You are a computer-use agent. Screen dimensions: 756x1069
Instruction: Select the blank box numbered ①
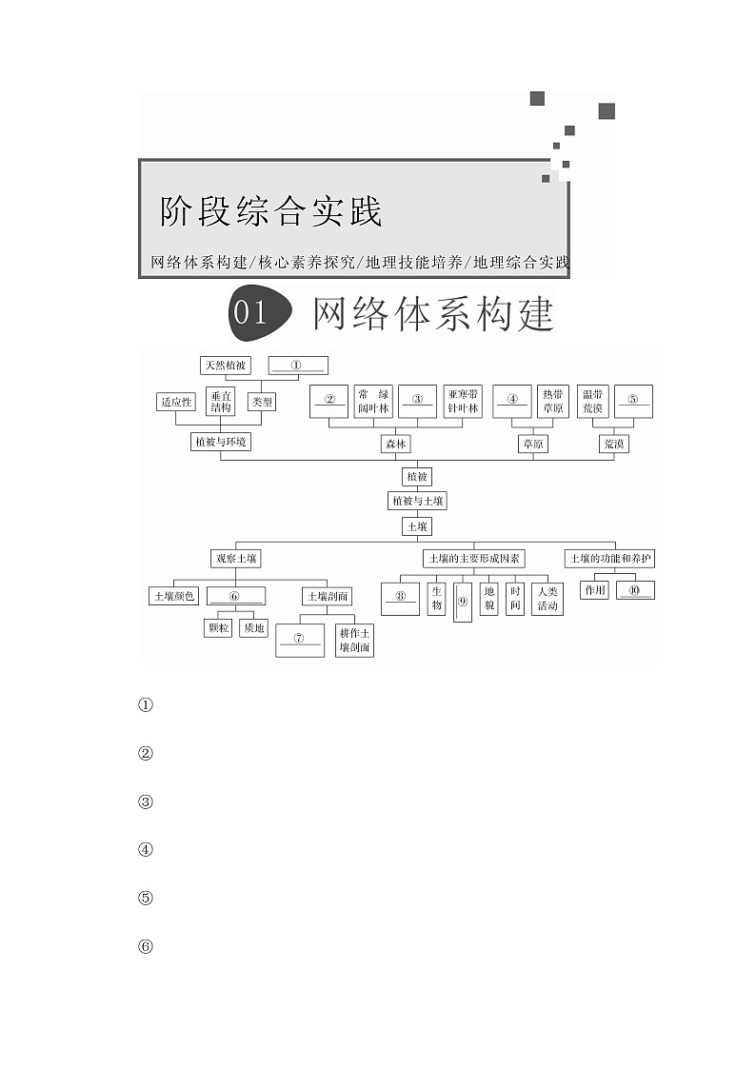point(297,366)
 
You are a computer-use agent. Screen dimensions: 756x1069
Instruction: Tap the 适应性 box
point(175,402)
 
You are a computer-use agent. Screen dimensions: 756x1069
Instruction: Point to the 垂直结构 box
point(221,402)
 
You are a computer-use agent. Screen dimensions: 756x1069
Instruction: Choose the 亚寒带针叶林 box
point(464,402)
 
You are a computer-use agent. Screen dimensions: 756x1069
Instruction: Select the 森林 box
point(394,444)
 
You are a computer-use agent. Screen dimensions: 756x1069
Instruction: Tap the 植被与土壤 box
point(416,501)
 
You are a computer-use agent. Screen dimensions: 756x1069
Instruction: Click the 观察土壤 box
point(235,559)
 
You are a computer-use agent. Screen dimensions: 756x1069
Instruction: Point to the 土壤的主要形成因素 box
point(473,559)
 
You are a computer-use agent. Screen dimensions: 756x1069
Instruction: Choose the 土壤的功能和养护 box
point(610,559)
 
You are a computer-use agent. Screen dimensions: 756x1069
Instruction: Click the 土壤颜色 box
point(173,596)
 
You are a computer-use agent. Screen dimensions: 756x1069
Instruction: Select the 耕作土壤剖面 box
point(354,641)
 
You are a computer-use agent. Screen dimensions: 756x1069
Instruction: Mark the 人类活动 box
point(547,599)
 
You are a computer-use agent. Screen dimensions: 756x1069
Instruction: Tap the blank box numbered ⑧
point(401,600)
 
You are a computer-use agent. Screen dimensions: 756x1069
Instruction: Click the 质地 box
point(254,628)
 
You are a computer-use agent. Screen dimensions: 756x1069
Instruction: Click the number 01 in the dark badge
point(250,313)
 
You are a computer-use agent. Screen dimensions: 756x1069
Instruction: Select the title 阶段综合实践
point(271,211)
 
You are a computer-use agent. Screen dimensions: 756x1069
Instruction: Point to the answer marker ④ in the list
point(146,850)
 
